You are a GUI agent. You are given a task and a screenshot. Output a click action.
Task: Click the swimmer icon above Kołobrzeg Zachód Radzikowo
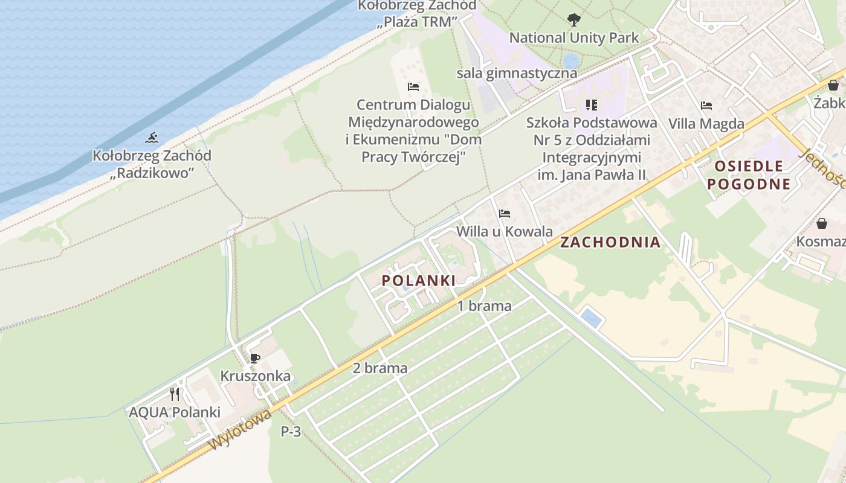[151, 138]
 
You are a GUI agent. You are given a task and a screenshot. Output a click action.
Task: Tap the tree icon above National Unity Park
[573, 20]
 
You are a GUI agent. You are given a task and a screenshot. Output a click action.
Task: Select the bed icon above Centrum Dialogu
[413, 87]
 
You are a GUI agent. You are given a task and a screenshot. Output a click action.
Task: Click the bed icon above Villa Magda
[706, 106]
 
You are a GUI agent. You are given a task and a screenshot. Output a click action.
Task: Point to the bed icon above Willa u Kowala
[505, 213]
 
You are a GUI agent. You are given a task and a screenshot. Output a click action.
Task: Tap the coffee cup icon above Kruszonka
[255, 358]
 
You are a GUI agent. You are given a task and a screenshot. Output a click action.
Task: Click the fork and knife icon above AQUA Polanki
[175, 394]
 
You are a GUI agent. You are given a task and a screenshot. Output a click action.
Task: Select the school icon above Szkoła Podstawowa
[592, 105]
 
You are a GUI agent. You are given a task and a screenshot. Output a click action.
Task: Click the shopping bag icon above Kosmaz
[822, 223]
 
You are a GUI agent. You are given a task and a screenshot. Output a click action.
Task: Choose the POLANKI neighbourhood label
[418, 280]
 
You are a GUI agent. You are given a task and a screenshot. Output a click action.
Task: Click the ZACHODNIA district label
[610, 242]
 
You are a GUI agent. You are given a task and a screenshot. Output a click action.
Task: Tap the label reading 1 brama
[484, 305]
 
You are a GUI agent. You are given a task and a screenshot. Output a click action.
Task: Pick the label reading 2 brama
[380, 368]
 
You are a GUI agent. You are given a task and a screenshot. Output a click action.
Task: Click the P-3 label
[291, 432]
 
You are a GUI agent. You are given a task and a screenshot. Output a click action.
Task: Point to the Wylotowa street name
[239, 430]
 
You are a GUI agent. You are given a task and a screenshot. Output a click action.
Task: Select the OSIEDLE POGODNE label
[749, 175]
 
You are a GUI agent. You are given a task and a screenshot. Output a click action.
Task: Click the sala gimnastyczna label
[517, 73]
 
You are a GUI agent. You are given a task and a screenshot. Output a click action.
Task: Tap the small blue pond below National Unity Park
[570, 60]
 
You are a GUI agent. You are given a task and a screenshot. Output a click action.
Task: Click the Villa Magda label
[706, 124]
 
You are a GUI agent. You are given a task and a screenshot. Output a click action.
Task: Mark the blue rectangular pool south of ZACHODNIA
[590, 318]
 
